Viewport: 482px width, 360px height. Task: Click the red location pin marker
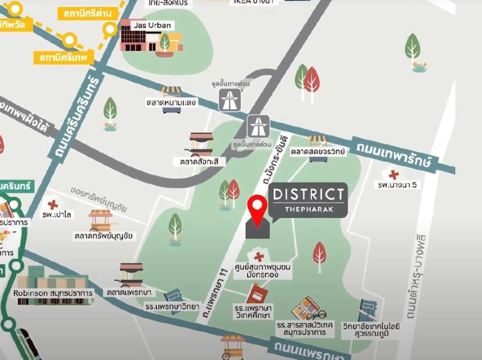click(258, 209)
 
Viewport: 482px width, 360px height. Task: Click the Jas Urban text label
click(153, 25)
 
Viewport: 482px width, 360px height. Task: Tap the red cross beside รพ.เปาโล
click(53, 204)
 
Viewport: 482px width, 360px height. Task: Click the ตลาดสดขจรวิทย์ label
click(318, 151)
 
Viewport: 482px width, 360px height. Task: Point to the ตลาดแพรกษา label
click(129, 292)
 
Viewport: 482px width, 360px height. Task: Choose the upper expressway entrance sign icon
click(230, 100)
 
